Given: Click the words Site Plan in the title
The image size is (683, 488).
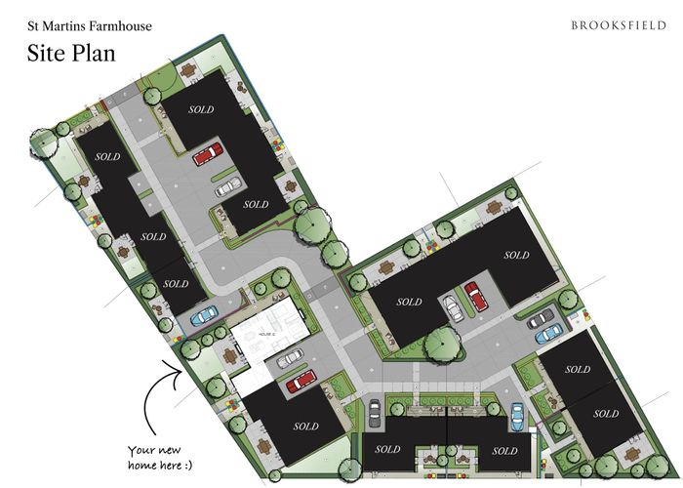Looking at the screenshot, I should [x=71, y=52].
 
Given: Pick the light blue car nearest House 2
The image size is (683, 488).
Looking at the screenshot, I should [x=204, y=317].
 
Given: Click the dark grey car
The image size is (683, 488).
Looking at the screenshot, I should [x=540, y=318].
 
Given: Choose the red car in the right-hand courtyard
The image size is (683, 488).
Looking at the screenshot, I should [x=475, y=295].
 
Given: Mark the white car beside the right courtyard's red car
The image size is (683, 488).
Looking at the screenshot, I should [x=454, y=308].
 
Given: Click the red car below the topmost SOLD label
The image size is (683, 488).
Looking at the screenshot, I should [x=207, y=154].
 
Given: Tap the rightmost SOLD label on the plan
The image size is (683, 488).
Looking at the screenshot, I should [x=605, y=414].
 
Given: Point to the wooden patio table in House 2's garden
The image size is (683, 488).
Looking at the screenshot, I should [x=229, y=356].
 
